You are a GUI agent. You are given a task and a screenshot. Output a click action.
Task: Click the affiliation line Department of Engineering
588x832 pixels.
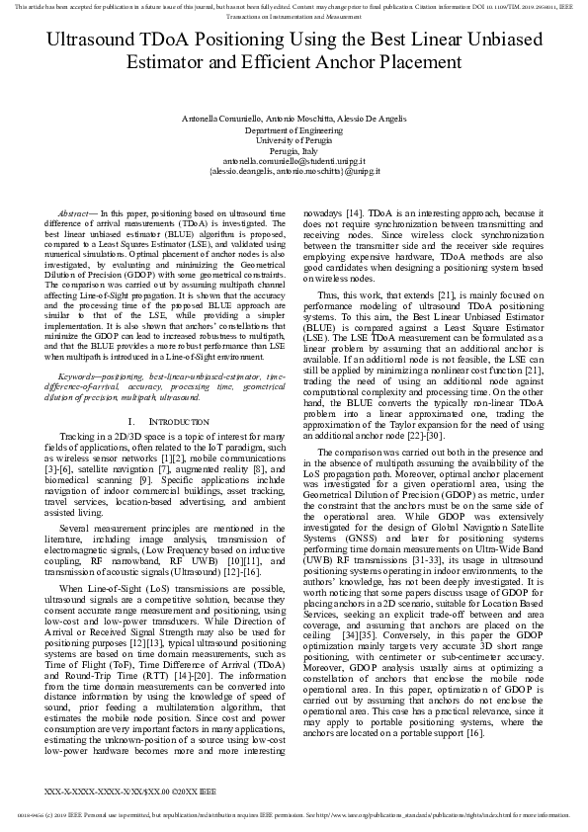(294, 129)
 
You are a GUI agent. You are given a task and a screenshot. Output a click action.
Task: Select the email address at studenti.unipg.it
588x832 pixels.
(294, 160)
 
